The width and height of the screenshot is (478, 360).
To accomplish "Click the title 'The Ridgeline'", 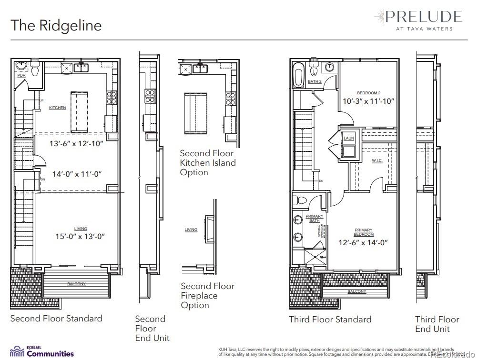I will (56, 25).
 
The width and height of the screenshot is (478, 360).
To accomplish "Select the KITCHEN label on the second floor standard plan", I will (57, 108).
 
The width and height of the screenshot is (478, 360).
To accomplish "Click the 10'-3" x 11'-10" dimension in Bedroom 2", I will (368, 101).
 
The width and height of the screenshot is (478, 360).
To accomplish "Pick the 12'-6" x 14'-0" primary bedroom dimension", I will (363, 242).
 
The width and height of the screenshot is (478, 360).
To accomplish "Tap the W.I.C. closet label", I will (377, 161).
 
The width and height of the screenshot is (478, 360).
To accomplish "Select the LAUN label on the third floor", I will (349, 138).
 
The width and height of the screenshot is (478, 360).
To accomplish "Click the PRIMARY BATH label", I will (314, 218).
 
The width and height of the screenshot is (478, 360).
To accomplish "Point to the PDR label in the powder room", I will (21, 76).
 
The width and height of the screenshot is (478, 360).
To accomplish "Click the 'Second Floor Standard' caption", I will (56, 319).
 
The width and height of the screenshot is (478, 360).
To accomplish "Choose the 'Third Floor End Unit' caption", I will (437, 324).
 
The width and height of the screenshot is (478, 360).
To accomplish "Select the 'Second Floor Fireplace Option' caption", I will (207, 295).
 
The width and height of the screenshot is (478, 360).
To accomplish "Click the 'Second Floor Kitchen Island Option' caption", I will (207, 163).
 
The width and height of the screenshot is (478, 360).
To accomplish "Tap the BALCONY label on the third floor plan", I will (356, 291).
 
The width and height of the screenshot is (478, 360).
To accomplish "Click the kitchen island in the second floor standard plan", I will (80, 112).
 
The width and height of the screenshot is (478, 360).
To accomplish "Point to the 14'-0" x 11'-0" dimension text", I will (77, 174).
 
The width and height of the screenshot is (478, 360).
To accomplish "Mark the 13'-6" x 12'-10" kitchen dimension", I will (77, 143).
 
